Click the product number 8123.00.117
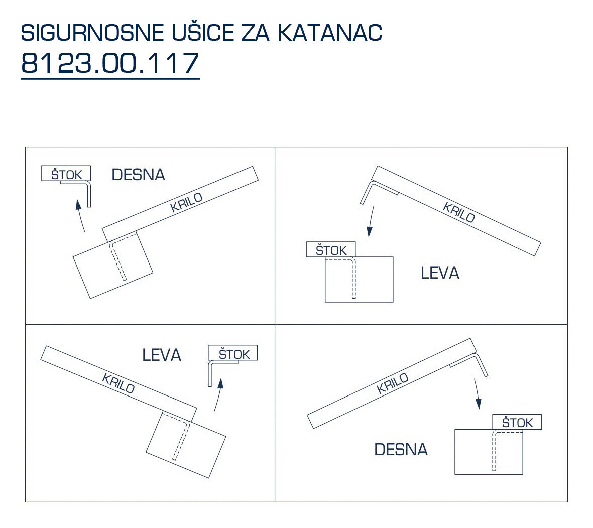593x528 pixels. [109, 63]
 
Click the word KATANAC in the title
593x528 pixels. [329, 33]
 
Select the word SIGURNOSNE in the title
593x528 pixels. [92, 33]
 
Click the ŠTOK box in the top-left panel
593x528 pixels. [66, 173]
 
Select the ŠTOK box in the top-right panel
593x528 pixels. [331, 249]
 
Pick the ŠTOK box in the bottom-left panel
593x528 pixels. [233, 353]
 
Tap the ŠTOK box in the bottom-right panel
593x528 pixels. [517, 422]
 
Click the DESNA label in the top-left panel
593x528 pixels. [139, 175]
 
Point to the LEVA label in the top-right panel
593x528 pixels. [440, 273]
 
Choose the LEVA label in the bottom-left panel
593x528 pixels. [162, 355]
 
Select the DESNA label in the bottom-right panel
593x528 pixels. [401, 449]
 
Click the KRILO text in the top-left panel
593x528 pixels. [186, 203]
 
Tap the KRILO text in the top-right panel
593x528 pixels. [459, 212]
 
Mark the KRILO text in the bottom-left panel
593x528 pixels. [118, 383]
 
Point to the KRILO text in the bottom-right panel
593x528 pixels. [393, 383]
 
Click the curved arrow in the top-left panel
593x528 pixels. [80, 215]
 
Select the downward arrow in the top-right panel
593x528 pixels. [371, 221]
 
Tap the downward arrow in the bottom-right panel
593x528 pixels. [478, 394]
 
